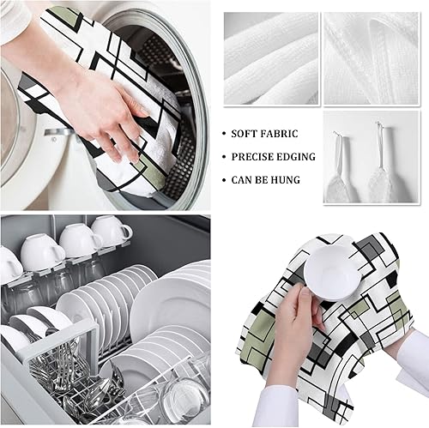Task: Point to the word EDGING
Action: (297, 157)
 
